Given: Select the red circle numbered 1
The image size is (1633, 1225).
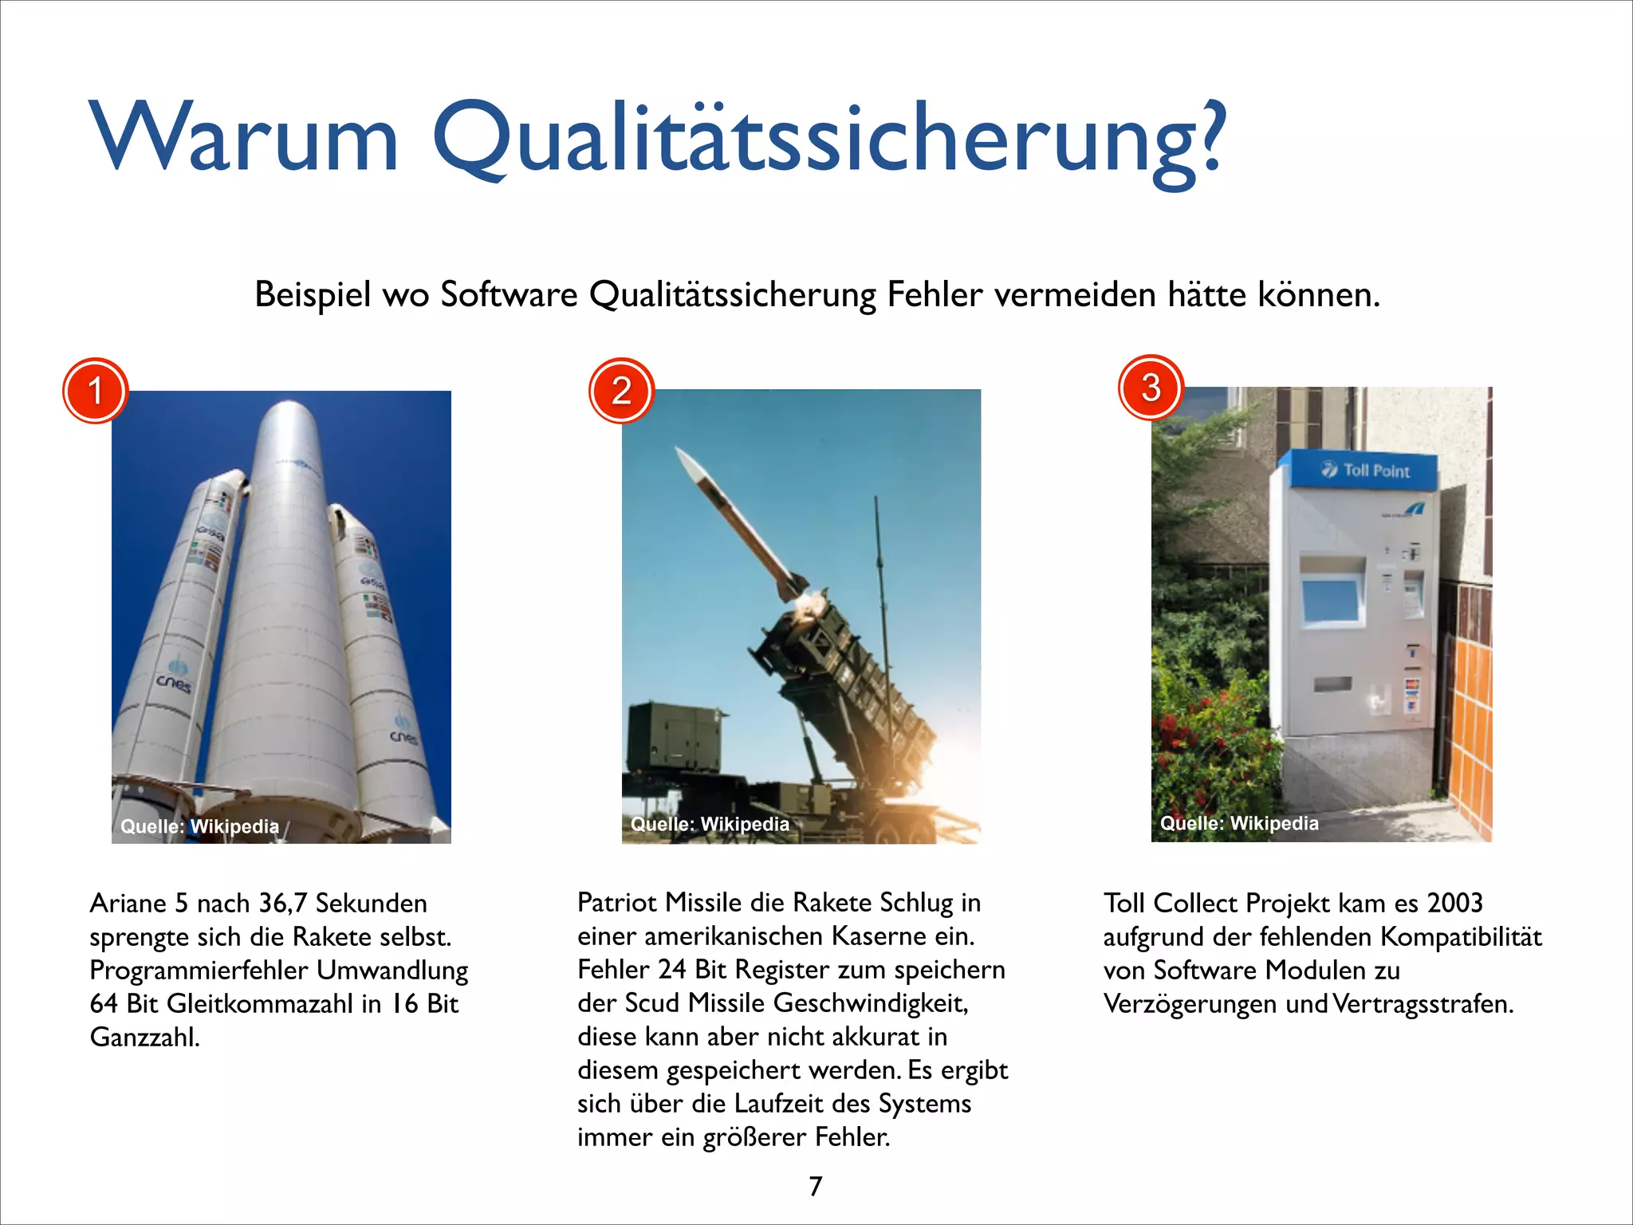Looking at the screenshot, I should click(95, 391).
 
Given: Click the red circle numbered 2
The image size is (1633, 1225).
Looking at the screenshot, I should click(621, 391).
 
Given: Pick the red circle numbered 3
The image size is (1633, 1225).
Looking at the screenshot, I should click(1151, 388).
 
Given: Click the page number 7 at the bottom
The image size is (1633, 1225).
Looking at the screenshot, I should click(815, 1187).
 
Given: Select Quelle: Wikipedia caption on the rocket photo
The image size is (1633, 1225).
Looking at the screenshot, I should click(199, 826).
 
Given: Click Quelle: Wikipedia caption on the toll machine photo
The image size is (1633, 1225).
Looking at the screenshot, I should click(1239, 823).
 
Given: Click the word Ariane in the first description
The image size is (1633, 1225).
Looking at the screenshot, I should click(128, 904).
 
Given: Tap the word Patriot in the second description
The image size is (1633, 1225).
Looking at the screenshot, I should click(617, 903).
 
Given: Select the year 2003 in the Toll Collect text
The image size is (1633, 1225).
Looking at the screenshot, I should click(1454, 903).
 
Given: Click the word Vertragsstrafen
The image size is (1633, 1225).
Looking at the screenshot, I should click(1422, 1004).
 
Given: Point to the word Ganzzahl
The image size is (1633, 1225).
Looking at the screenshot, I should click(144, 1038).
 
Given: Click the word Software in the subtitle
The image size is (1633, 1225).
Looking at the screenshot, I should click(509, 295).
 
